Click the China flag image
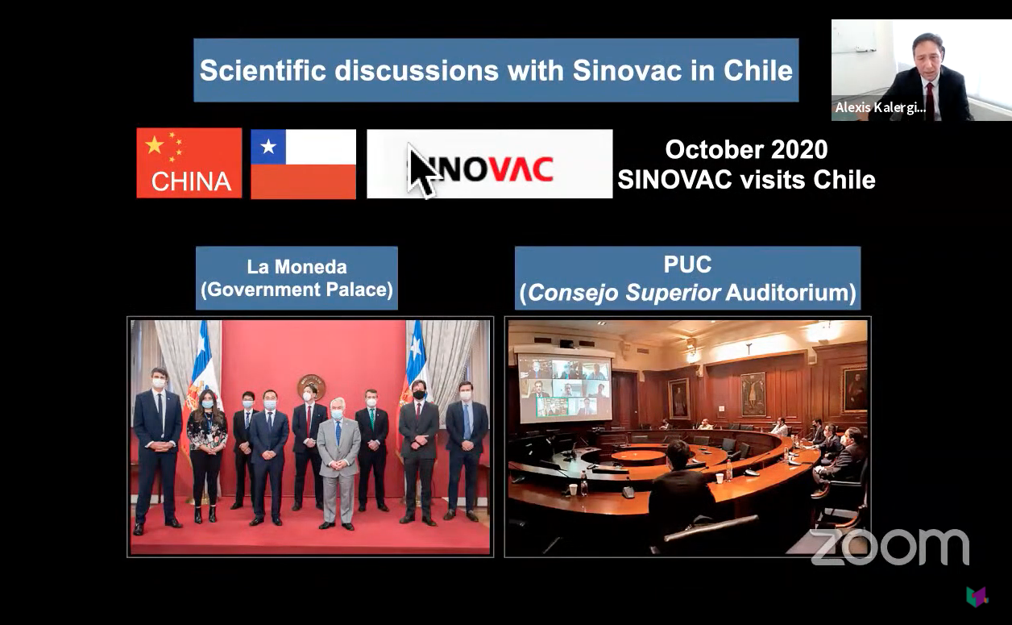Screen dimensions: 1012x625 pos(189,163)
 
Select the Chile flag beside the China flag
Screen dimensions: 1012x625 pos(303,165)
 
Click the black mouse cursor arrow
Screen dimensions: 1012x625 pos(422,170)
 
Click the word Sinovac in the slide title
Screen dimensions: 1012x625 pos(627,70)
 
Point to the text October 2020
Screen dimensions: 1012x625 pos(746,150)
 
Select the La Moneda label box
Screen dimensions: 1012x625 pos(297,278)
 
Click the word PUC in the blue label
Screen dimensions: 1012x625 pos(687,265)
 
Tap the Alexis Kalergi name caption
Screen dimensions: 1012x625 pos(880,107)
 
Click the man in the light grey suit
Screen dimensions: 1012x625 pos(338,464)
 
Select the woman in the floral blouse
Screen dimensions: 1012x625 pos(207,456)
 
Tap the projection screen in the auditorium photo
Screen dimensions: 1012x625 pos(564,389)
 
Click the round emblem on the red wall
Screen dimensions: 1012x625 pos(311,387)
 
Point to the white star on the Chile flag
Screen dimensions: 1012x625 pos(268,147)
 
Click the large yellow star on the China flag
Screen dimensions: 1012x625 pos(154,145)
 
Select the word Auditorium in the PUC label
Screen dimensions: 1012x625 pos(790,293)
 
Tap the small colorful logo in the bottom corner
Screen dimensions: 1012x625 pos(977,597)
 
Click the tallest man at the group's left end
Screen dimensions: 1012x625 pos(157,448)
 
